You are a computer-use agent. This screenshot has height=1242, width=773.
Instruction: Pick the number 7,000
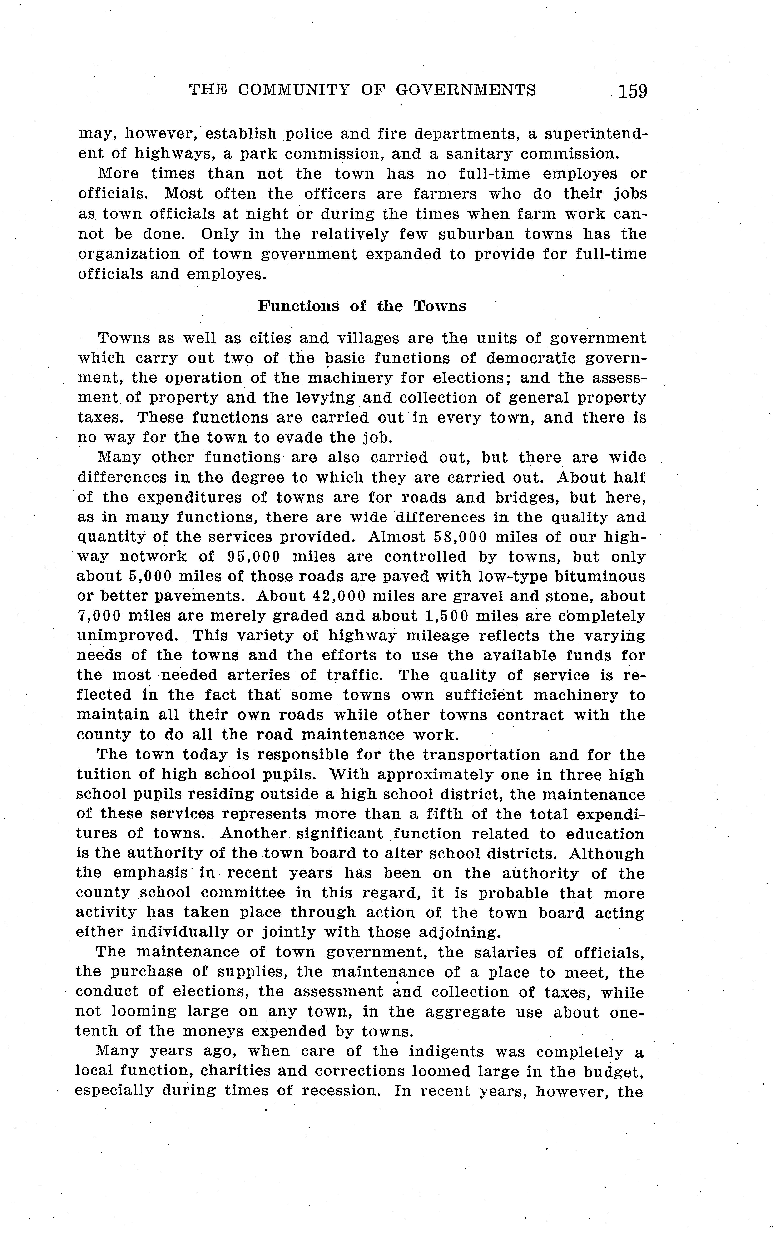[x=98, y=616]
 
